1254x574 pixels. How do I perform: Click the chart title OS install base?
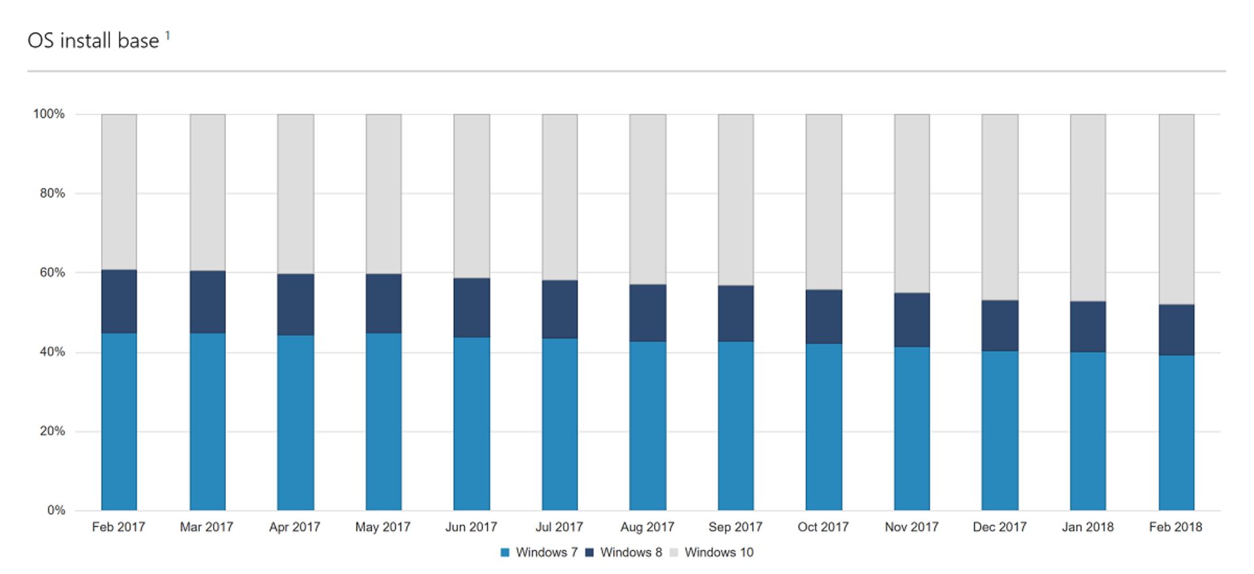pyautogui.click(x=93, y=41)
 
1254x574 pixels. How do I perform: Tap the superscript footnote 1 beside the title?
pyautogui.click(x=168, y=35)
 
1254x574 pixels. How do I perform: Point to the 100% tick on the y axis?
pyautogui.click(x=49, y=114)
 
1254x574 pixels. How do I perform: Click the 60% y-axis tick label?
pyautogui.click(x=52, y=273)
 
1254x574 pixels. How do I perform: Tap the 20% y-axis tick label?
pyautogui.click(x=52, y=431)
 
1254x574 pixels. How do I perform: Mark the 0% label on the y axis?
pyautogui.click(x=56, y=510)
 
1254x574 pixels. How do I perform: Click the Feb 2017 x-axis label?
pyautogui.click(x=118, y=527)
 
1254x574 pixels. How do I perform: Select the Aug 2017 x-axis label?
pyautogui.click(x=647, y=527)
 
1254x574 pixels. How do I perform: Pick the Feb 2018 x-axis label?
pyautogui.click(x=1176, y=527)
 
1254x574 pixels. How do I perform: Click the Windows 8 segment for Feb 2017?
pyautogui.click(x=119, y=301)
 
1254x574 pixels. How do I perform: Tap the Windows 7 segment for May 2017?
pyautogui.click(x=383, y=422)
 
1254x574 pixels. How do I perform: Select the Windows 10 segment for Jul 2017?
pyautogui.click(x=560, y=196)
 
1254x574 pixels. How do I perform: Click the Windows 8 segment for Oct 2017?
pyautogui.click(x=824, y=316)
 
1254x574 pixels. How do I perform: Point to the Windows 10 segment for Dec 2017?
pyautogui.click(x=1000, y=207)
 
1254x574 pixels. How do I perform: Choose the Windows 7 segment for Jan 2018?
pyautogui.click(x=1088, y=431)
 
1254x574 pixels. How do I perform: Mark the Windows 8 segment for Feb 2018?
pyautogui.click(x=1176, y=329)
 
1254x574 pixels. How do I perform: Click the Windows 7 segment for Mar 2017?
pyautogui.click(x=208, y=422)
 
